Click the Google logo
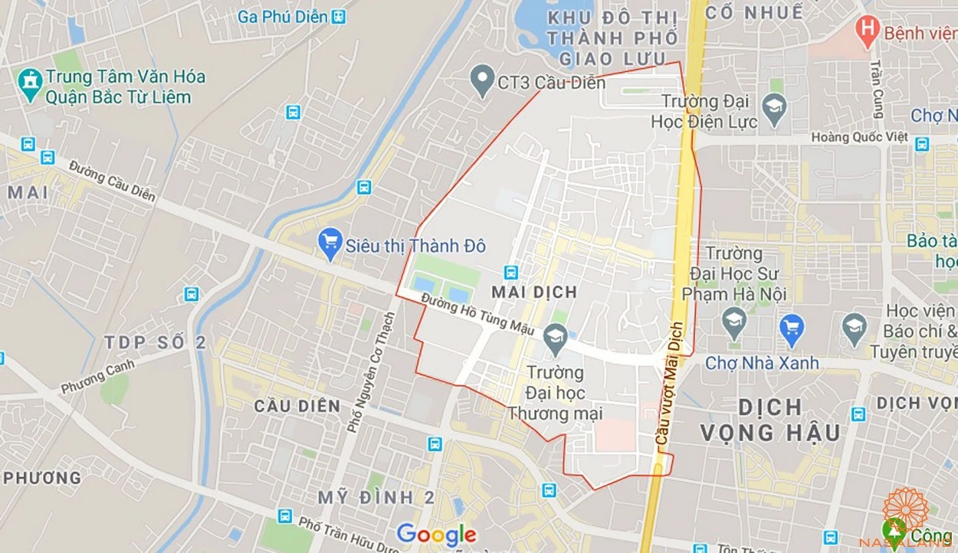pyautogui.click(x=436, y=534)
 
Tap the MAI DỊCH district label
pyautogui.click(x=534, y=292)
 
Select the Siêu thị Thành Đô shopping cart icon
pyautogui.click(x=330, y=244)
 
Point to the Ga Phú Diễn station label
pyautogui.click(x=282, y=16)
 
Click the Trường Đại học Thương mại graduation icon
pyautogui.click(x=556, y=336)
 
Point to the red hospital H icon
pyautogui.click(x=867, y=31)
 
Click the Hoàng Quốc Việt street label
pyautogui.click(x=859, y=137)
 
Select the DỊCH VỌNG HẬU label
pyautogui.click(x=770, y=420)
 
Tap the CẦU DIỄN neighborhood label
pyautogui.click(x=297, y=406)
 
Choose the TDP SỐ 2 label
pyautogui.click(x=156, y=342)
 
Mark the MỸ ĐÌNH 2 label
pyautogui.click(x=376, y=498)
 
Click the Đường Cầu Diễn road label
pyautogui.click(x=112, y=181)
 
